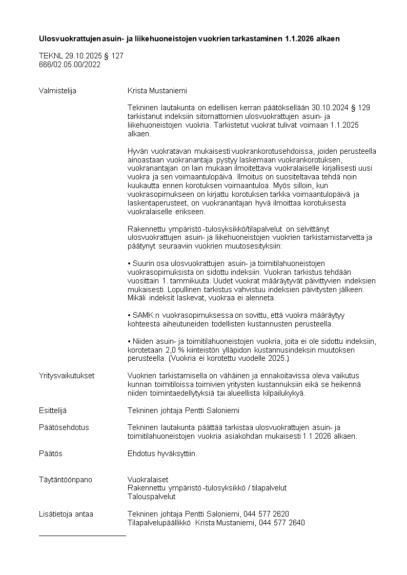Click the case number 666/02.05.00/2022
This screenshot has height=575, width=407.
(69, 65)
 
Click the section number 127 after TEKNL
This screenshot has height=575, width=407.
(117, 56)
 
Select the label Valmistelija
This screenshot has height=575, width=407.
(57, 91)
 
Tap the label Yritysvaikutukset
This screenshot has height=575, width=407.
(67, 376)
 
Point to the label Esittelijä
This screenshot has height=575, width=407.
(52, 410)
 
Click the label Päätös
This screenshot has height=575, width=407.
(50, 454)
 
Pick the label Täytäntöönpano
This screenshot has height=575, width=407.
(66, 480)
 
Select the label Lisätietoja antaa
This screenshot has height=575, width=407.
(66, 514)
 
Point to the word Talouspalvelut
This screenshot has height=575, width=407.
(152, 497)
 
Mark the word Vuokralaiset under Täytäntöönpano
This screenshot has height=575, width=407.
(148, 480)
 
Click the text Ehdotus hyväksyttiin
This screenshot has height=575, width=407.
(162, 454)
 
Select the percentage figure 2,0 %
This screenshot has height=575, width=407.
(163, 350)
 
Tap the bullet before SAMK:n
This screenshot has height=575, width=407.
(129, 315)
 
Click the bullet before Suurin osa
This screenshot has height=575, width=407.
(129, 263)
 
